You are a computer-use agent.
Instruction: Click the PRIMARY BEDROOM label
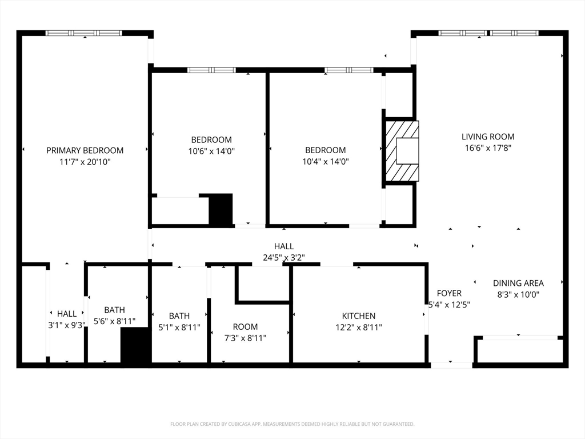[x=85, y=150]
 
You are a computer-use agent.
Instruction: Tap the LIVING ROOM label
[x=488, y=137]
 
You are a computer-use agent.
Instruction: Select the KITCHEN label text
[x=359, y=316]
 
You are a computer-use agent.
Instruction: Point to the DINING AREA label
[x=518, y=283]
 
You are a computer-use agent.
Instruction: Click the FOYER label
[x=449, y=293]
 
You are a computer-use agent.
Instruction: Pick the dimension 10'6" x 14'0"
[x=211, y=151]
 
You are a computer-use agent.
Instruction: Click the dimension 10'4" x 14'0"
[x=325, y=162]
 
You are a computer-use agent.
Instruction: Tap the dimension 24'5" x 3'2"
[x=284, y=258]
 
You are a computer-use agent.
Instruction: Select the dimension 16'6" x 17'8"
[x=488, y=148]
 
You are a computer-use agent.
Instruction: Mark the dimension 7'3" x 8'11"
[x=245, y=338]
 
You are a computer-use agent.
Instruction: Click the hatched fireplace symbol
[x=402, y=151]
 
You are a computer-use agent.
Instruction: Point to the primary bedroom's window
[x=84, y=33]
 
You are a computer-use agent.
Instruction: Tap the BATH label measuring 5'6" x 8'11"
[x=114, y=310]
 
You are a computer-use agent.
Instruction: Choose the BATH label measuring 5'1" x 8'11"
[x=179, y=316]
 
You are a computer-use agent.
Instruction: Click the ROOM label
[x=245, y=326]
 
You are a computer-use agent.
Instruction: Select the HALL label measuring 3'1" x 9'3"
[x=67, y=314]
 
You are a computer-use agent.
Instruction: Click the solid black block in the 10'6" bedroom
[x=221, y=209]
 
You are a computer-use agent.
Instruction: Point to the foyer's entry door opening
[x=451, y=365]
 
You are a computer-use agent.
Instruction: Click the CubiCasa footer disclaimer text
[x=292, y=424]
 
